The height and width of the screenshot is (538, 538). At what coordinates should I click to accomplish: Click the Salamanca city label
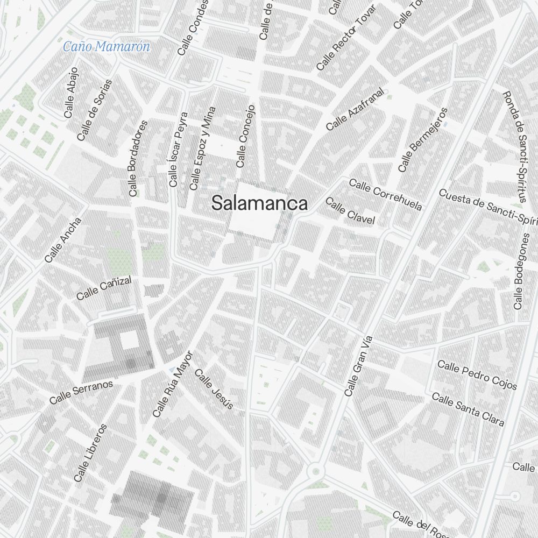[260, 203]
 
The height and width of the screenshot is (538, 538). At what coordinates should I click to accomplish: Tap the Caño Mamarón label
[107, 47]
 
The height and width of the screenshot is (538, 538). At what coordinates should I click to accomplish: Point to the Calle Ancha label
[63, 240]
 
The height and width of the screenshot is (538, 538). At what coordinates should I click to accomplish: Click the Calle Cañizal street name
[104, 288]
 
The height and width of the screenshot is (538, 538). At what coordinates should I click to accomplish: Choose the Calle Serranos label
[81, 392]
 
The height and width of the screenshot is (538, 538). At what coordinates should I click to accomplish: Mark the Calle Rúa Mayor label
[172, 384]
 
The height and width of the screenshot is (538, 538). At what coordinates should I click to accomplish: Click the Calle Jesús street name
[214, 389]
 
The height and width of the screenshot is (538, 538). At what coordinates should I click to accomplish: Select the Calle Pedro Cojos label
[477, 375]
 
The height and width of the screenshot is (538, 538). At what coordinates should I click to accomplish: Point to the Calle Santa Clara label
[468, 409]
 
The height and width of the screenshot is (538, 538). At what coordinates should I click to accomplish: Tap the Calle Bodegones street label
[522, 272]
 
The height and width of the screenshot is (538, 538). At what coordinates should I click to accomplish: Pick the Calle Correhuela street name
[385, 195]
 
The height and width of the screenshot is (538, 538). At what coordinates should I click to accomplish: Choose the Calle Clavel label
[350, 211]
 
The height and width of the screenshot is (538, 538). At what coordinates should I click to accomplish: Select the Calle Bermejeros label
[423, 140]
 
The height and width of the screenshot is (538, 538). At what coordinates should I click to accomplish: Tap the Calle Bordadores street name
[138, 158]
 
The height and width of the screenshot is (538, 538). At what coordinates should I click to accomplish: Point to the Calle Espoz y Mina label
[202, 148]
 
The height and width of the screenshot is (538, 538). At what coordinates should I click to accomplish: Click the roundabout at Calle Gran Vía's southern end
[315, 472]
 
